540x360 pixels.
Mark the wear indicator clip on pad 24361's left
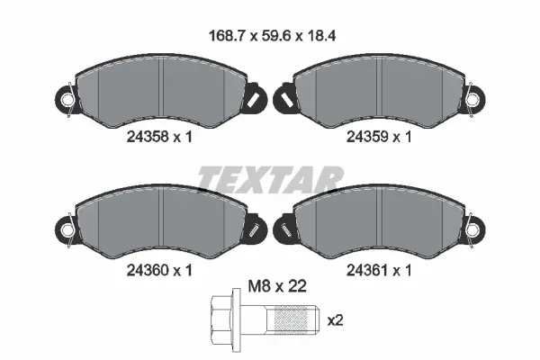(x=283, y=227)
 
